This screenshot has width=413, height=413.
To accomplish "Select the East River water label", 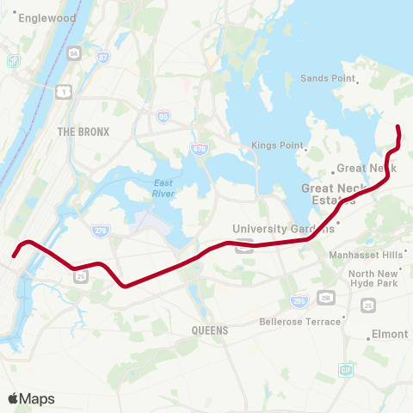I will tap(163, 188).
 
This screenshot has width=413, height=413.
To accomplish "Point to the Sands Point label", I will tap(328, 78).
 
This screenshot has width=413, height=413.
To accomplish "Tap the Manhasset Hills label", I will tap(366, 255).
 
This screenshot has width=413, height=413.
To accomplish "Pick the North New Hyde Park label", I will tap(373, 279).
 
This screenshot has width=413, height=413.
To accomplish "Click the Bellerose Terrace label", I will tap(300, 322).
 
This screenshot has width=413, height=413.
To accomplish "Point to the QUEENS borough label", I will tap(210, 330).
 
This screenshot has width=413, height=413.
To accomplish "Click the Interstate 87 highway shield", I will tap(103, 58).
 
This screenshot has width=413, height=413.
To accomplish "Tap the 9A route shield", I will tap(74, 53).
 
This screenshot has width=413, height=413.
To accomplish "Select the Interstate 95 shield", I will tap(163, 115).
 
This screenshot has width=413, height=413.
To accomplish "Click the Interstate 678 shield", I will tap(200, 149).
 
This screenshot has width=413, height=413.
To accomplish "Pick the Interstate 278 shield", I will tap(100, 230).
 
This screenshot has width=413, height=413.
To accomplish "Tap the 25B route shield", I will tap(325, 298).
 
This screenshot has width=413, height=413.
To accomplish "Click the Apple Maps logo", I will tap(31, 398).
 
